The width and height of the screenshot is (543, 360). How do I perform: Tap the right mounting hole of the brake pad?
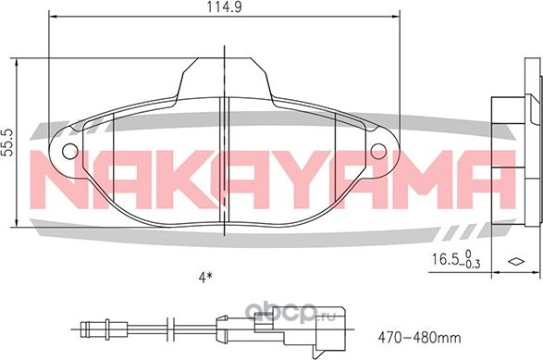click(378, 150)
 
